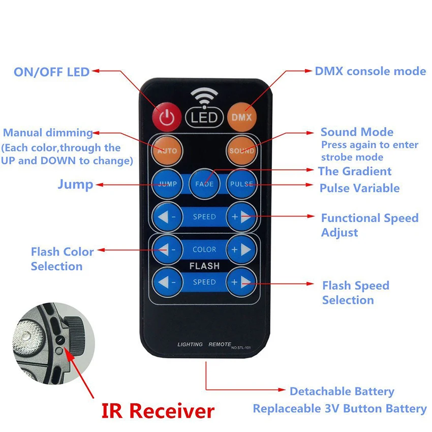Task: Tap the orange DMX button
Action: point(241,116)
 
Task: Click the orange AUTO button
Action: point(167,151)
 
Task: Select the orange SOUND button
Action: point(241,151)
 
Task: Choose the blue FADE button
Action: point(204,183)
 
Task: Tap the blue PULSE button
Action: point(241,183)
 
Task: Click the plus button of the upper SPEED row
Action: point(241,217)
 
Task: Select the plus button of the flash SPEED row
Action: point(241,282)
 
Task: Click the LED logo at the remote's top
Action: point(204,117)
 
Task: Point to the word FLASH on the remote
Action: point(204,266)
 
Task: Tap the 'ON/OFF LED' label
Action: point(51,72)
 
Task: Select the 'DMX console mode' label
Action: point(370,71)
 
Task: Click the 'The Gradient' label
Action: point(355,171)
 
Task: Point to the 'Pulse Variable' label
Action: point(359,189)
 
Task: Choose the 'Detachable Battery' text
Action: point(342,392)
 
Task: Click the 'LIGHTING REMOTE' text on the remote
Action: point(204,345)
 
